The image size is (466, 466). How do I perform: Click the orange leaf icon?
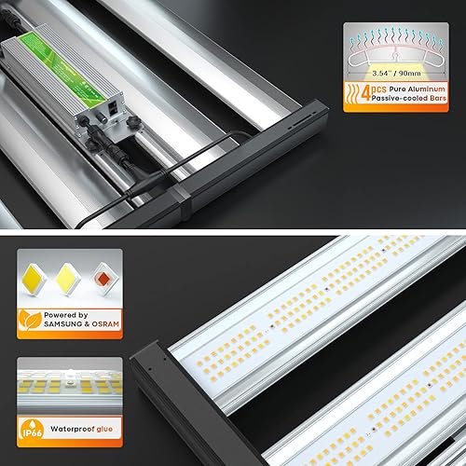[x=29, y=321]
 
